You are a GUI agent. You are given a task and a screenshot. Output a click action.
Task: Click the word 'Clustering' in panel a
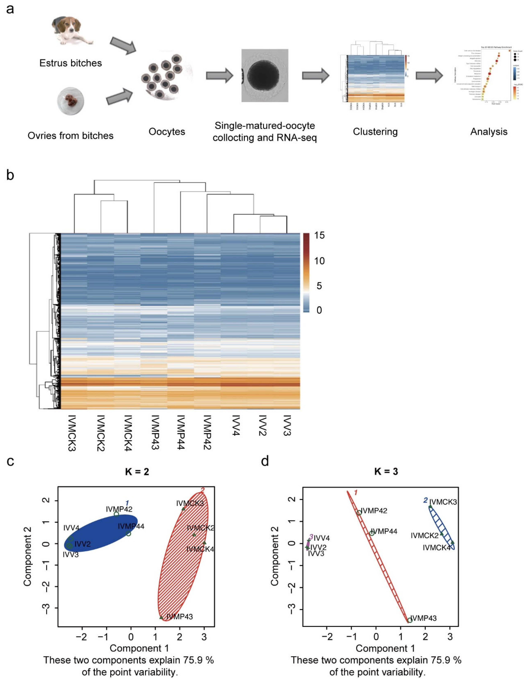pos(375,132)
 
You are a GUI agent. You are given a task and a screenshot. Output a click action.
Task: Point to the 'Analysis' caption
pos(489,132)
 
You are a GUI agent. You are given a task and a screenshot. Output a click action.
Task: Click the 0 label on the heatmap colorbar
pos(319,310)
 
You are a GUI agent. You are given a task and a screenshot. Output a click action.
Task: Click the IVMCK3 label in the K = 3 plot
pos(443,502)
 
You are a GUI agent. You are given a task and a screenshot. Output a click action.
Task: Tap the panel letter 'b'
pos(10,175)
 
